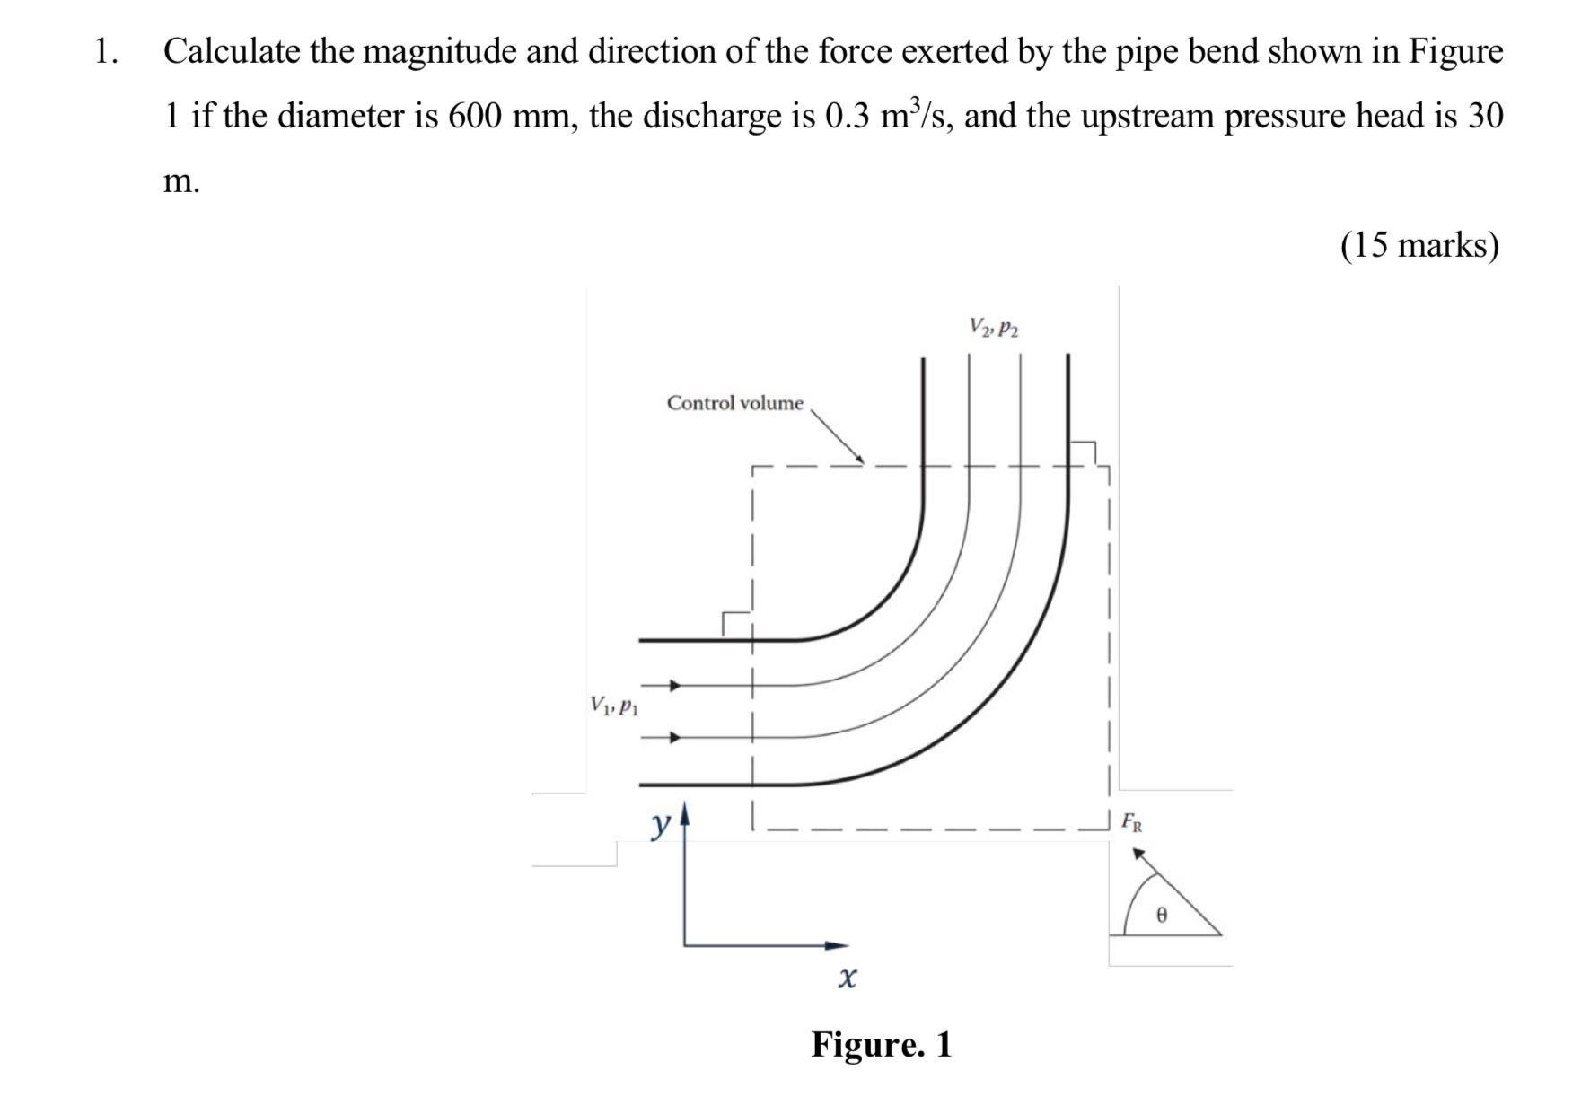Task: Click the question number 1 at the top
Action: pyautogui.click(x=105, y=52)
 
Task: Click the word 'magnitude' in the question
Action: pyautogui.click(x=440, y=52)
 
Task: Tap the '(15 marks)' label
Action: pyautogui.click(x=1419, y=245)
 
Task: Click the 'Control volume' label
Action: pyautogui.click(x=734, y=403)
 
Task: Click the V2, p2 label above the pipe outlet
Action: pyautogui.click(x=994, y=327)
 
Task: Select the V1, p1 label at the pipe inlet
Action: pyautogui.click(x=614, y=706)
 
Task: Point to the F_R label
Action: pyautogui.click(x=1132, y=821)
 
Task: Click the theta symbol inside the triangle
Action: pyautogui.click(x=1161, y=915)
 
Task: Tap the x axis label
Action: pyautogui.click(x=847, y=977)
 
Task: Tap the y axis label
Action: pyautogui.click(x=662, y=822)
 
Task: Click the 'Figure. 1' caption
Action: pyautogui.click(x=881, y=1044)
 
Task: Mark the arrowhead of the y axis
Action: pyautogui.click(x=685, y=813)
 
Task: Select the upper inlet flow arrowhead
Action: pyautogui.click(x=676, y=686)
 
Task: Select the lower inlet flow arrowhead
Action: pyautogui.click(x=676, y=738)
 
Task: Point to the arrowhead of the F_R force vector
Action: pyautogui.click(x=1138, y=854)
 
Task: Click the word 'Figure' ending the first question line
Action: pyautogui.click(x=1455, y=52)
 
